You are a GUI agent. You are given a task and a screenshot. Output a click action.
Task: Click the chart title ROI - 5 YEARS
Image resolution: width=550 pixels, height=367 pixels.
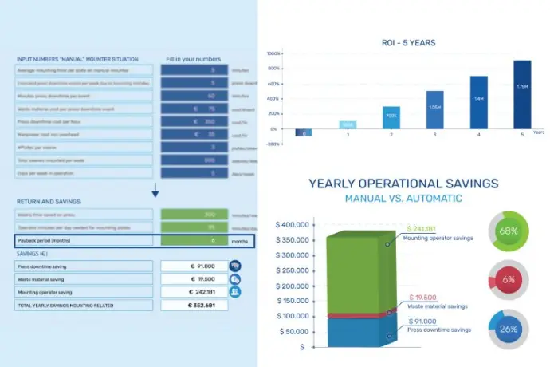(407, 41)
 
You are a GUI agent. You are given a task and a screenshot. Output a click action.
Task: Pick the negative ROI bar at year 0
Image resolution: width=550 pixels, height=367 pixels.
(304, 132)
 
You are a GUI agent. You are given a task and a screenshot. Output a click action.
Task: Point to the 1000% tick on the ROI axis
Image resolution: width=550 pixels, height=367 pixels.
(273, 53)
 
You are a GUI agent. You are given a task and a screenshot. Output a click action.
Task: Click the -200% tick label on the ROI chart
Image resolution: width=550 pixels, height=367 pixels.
(273, 144)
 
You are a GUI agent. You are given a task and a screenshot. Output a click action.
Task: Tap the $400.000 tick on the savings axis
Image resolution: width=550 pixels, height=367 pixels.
(293, 224)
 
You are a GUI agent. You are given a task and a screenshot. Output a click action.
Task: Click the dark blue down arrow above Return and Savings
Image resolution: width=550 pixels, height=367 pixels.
(155, 191)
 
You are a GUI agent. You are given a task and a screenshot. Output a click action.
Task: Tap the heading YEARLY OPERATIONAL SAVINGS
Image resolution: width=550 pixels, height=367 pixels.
(403, 183)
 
